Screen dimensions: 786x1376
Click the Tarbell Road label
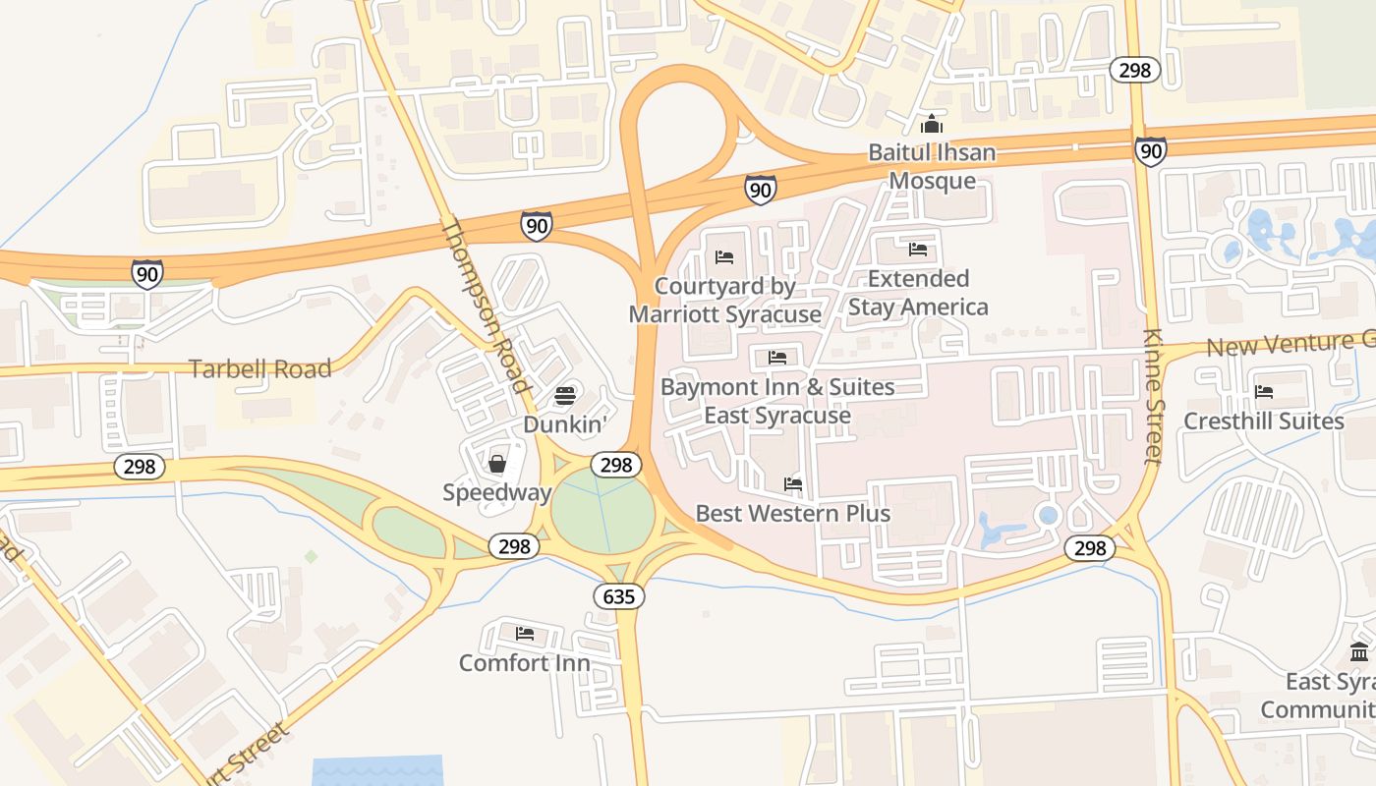tap(259, 369)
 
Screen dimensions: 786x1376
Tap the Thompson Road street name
tap(485, 306)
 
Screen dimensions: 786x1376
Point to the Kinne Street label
tap(1154, 395)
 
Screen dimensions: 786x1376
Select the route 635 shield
tap(619, 595)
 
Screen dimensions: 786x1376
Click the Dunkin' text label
tap(565, 424)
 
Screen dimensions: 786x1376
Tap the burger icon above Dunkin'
tap(565, 396)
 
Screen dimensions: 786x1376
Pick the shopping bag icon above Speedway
tap(497, 464)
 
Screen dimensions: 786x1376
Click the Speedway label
tap(496, 492)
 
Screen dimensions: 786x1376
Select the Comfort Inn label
tap(525, 663)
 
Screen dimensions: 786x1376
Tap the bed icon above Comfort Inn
tap(525, 634)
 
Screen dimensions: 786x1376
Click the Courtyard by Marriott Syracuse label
tap(724, 301)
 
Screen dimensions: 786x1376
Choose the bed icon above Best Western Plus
tap(793, 484)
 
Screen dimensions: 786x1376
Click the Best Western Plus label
tap(793, 514)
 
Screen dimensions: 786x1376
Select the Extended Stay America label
tap(918, 293)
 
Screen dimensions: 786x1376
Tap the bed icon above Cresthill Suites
tap(1264, 392)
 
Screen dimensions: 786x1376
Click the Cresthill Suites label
tap(1264, 421)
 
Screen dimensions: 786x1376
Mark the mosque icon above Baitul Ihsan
tap(932, 125)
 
